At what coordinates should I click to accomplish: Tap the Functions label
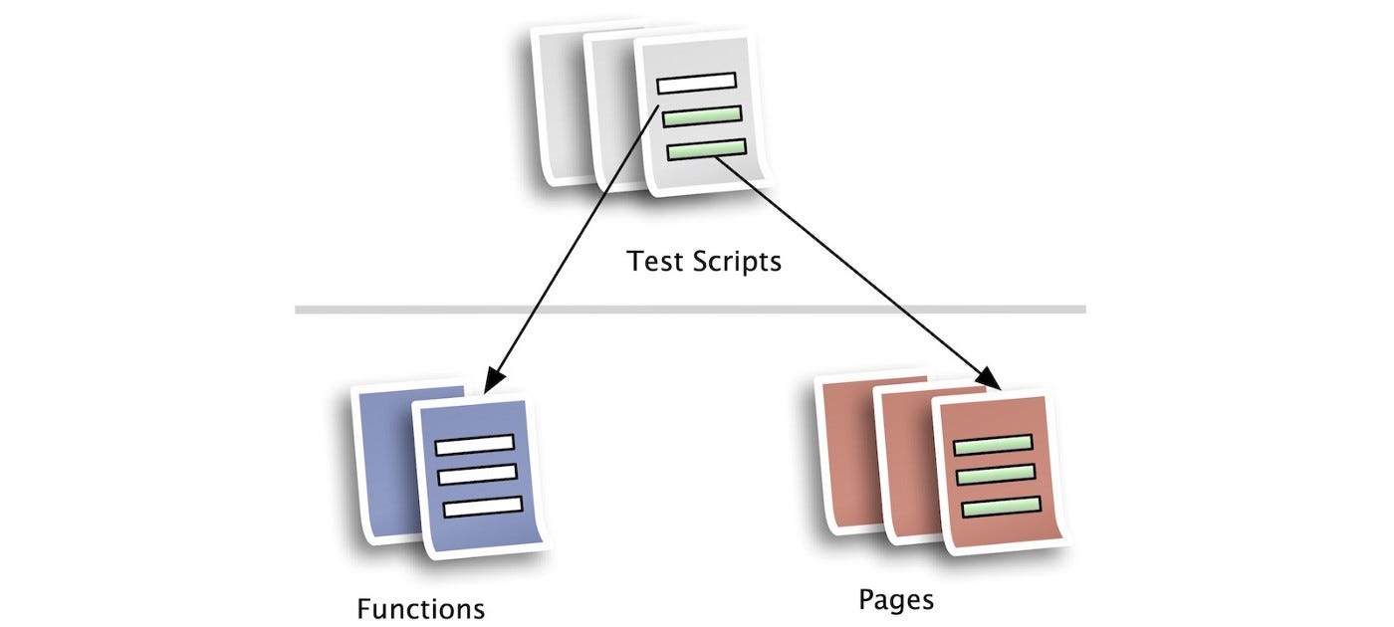coord(421,608)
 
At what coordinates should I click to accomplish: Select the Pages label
coord(896,600)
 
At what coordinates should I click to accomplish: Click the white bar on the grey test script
coord(697,83)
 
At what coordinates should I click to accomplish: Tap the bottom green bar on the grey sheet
coord(706,149)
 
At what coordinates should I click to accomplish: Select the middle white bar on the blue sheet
coord(478,475)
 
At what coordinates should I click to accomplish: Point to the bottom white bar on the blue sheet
coord(482,507)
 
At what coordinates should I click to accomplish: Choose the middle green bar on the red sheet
coord(996,475)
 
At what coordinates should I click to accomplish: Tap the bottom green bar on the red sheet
coord(1001,507)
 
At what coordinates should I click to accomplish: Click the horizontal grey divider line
coord(689,310)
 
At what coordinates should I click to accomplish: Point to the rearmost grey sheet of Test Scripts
coord(558,109)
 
